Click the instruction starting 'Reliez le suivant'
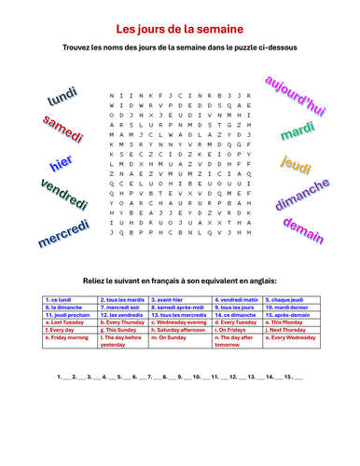pos(180,280)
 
